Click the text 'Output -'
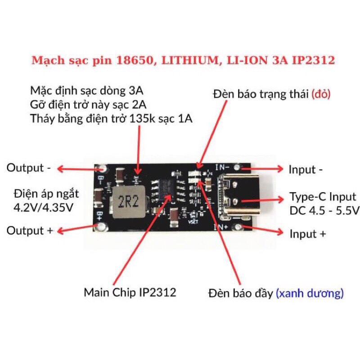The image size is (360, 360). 28,168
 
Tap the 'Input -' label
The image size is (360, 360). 306,170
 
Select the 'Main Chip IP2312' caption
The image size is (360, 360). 130,292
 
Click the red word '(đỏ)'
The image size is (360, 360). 321,94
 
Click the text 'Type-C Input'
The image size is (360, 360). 322,197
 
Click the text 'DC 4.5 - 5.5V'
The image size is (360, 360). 324,210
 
